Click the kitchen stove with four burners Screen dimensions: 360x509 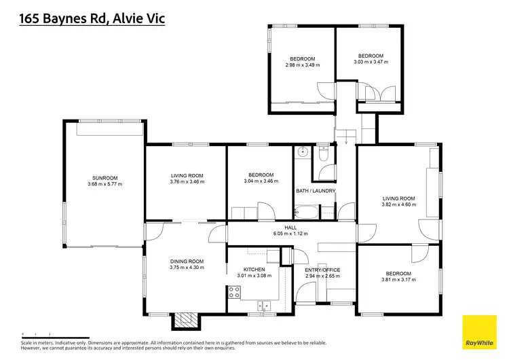tap(235, 293)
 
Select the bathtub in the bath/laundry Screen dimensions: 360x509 tap(309, 215)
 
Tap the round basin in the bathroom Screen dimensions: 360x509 tap(302, 151)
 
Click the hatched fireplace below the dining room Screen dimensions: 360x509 tap(184, 320)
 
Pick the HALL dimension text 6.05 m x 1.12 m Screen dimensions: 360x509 tap(291, 234)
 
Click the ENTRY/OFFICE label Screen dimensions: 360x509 tap(322, 270)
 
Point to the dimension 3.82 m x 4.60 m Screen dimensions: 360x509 tap(398, 204)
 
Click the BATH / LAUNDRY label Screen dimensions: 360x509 tap(316, 191)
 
